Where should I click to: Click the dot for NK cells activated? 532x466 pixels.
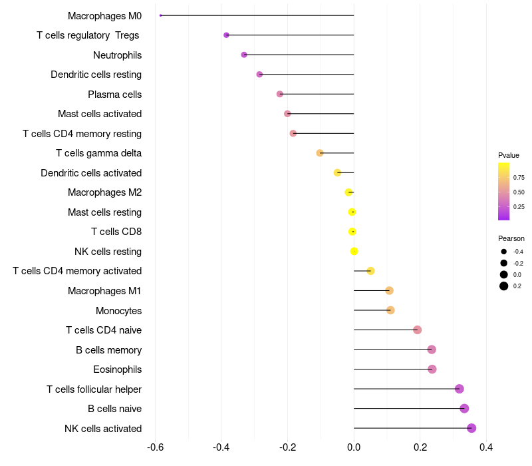coord(471,428)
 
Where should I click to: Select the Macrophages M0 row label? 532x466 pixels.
coord(104,15)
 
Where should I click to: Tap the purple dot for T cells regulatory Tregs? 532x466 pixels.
coord(226,35)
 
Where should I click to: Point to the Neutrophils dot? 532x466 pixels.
coord(244,55)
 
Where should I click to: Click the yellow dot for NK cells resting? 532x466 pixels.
coord(354,251)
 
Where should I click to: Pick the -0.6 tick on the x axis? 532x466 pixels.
coord(155,447)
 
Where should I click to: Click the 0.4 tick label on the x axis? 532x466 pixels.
coord(486,447)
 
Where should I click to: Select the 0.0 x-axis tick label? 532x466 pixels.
coord(354,447)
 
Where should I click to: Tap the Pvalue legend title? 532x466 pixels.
coord(509,155)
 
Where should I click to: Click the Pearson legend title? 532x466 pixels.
coord(511,238)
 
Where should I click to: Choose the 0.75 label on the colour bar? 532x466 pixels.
coord(519,178)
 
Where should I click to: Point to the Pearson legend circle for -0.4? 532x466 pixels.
coord(504,252)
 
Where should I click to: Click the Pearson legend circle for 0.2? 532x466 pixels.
coord(504,286)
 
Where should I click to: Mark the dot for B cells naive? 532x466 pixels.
coord(464,409)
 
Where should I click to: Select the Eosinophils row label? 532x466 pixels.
coord(117,369)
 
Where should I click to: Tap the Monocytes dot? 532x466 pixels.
coord(390,310)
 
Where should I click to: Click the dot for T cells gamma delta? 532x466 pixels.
coord(320,153)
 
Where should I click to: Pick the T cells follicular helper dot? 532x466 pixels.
coord(459,389)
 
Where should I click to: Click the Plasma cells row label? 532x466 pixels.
coord(114,95)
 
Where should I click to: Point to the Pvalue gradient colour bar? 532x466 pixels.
coord(504,191)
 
